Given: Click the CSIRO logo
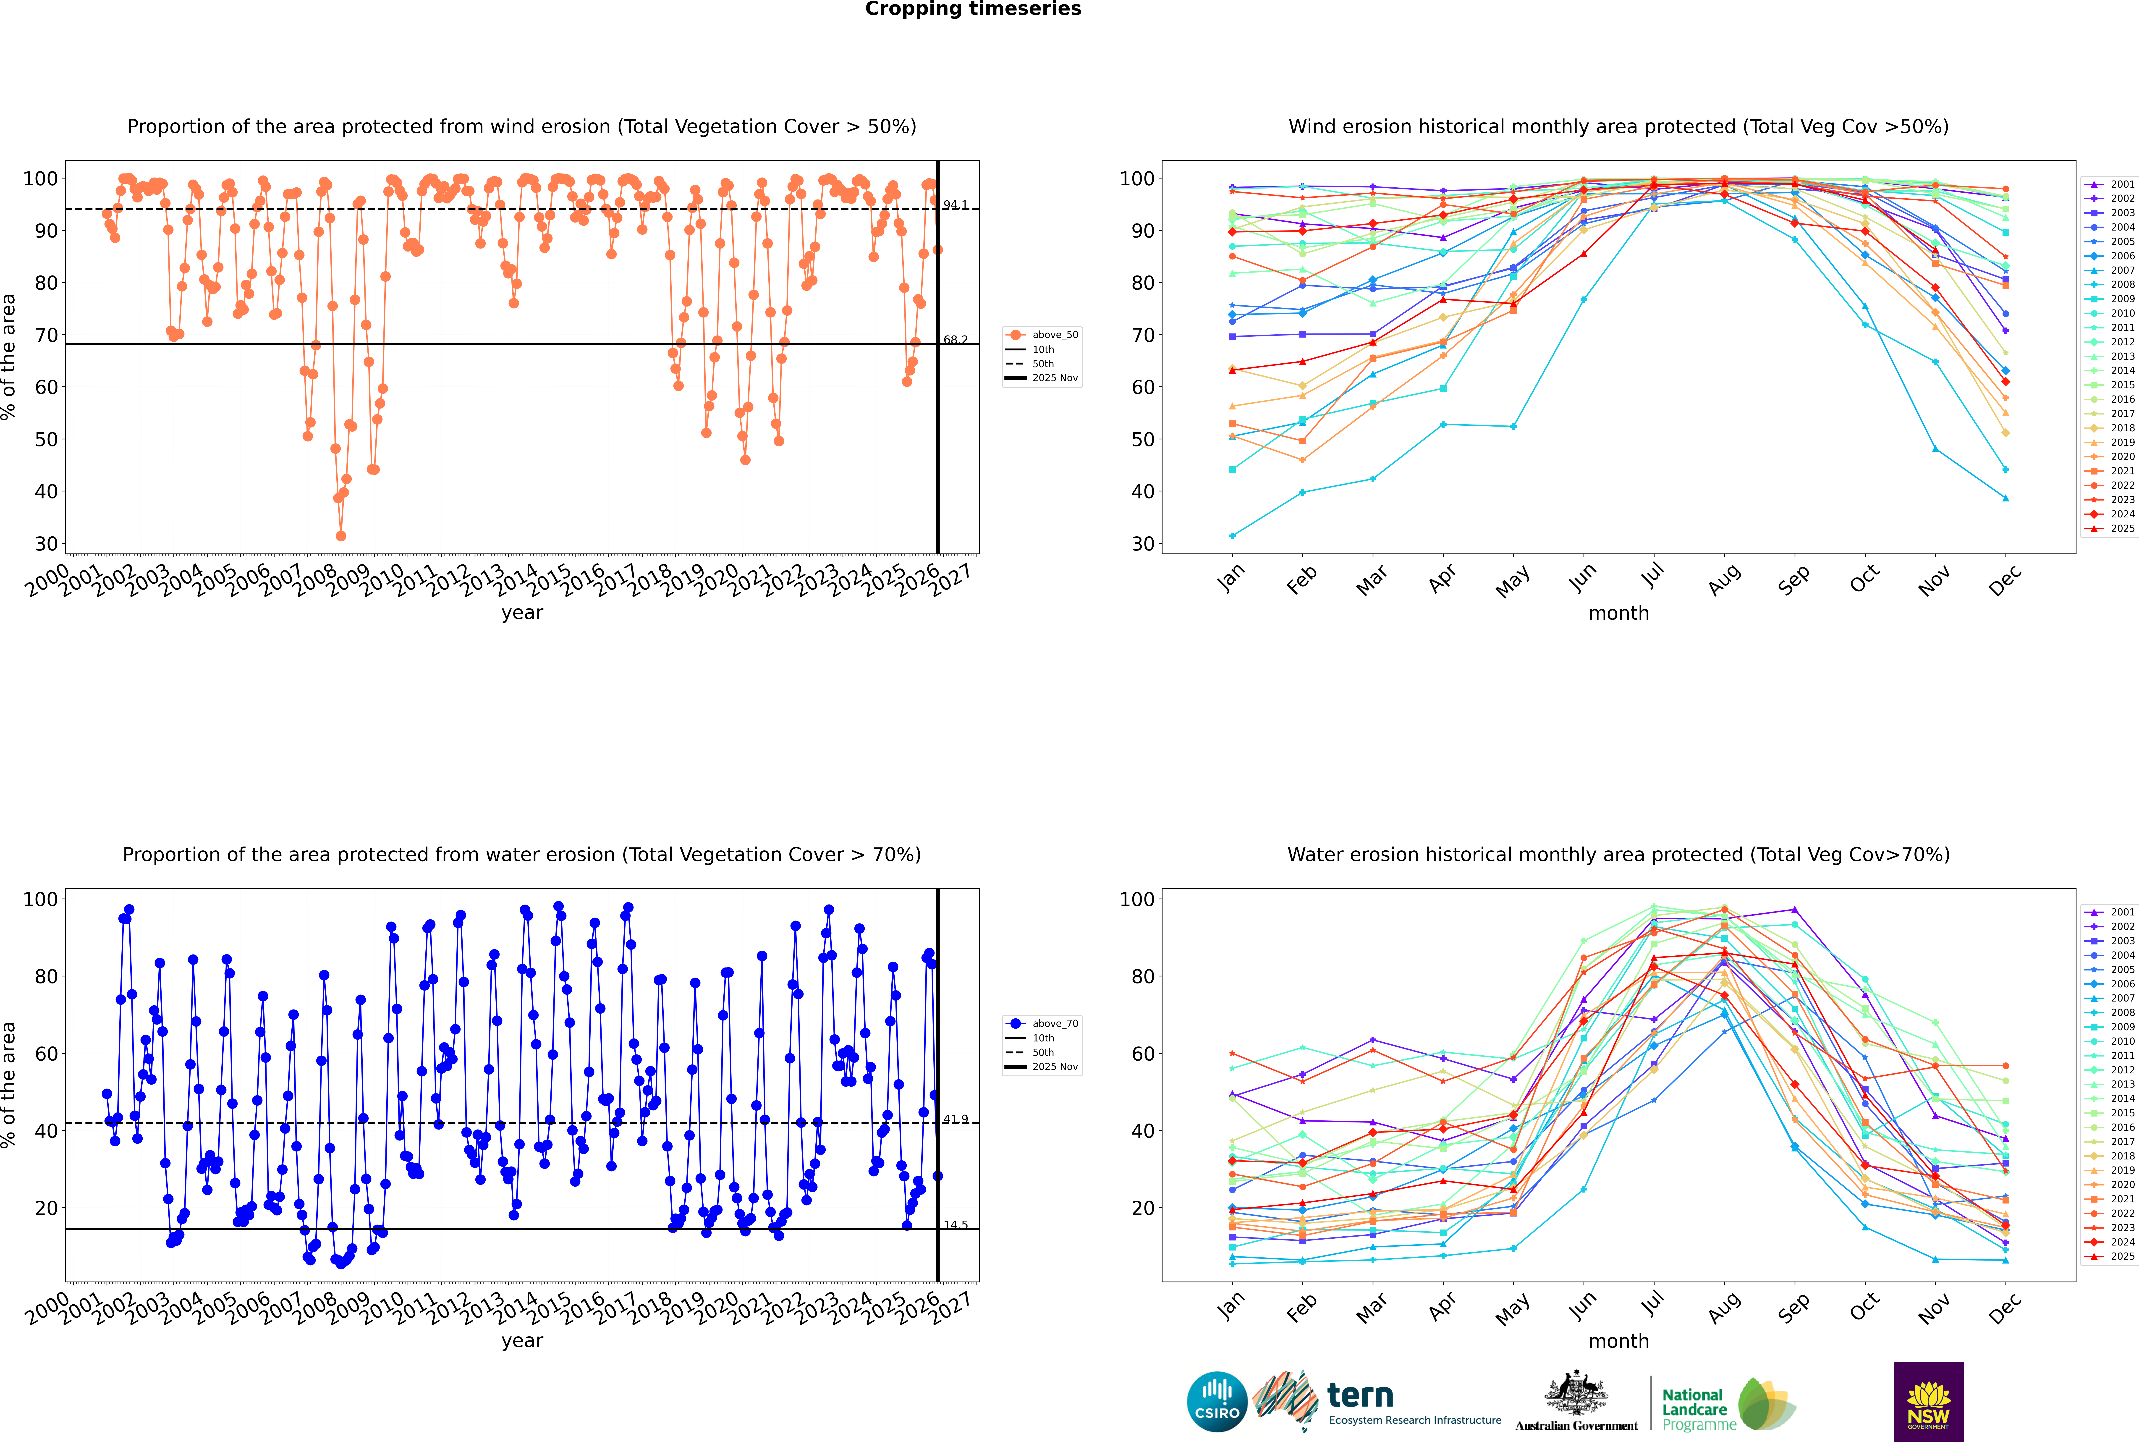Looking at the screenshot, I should pos(1217,1402).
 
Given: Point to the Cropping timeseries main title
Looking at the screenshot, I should pos(973,9).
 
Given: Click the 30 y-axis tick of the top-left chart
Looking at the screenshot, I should pos(46,543).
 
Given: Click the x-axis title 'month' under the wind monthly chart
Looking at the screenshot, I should pos(1618,614).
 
